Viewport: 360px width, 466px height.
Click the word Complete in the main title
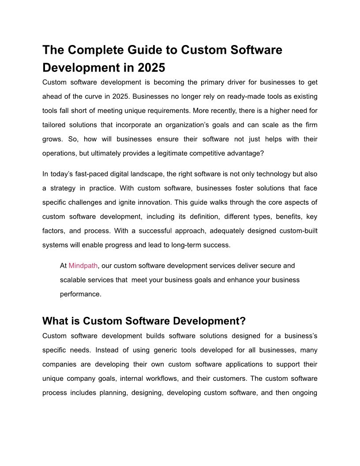click(94, 50)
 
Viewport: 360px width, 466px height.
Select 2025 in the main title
click(151, 68)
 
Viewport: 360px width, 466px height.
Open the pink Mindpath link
click(83, 266)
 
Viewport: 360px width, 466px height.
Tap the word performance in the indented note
click(81, 294)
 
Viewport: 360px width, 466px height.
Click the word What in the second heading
click(55, 321)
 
